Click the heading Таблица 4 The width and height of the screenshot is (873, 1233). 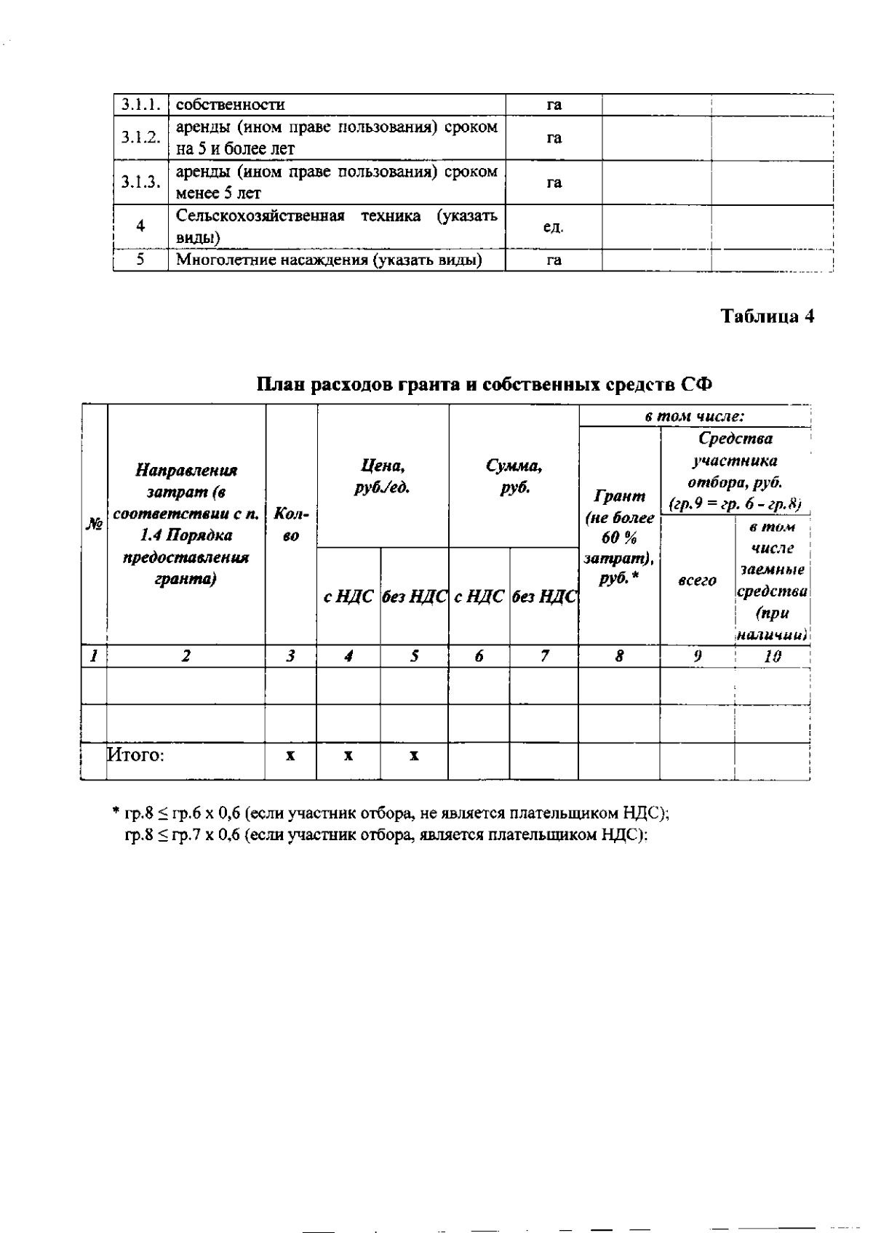pyautogui.click(x=767, y=316)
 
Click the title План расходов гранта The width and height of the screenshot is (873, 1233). pyautogui.click(x=485, y=383)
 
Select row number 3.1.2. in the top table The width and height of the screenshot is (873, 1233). pyautogui.click(x=140, y=137)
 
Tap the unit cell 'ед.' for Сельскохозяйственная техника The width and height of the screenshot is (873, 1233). pyautogui.click(x=554, y=226)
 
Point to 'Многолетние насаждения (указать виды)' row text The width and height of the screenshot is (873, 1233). pyautogui.click(x=330, y=260)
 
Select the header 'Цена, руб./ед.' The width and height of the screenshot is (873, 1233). pyautogui.click(x=383, y=476)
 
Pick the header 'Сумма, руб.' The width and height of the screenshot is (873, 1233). pyautogui.click(x=514, y=476)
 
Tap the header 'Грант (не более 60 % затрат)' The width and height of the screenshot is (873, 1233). pyautogui.click(x=619, y=538)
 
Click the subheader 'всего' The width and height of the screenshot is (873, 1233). pyautogui.click(x=697, y=580)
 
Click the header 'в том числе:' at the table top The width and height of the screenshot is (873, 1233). pyautogui.click(x=694, y=417)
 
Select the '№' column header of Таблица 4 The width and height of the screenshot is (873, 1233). pyautogui.click(x=94, y=524)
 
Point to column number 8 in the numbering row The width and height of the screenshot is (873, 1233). pyautogui.click(x=619, y=656)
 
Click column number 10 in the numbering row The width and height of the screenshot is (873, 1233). pyautogui.click(x=773, y=656)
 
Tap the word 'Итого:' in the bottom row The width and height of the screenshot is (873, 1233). pyautogui.click(x=136, y=755)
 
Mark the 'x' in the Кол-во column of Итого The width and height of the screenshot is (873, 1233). pyautogui.click(x=290, y=756)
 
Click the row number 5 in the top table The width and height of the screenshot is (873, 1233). pyautogui.click(x=140, y=260)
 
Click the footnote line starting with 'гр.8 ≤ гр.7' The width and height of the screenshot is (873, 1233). pyautogui.click(x=386, y=835)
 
